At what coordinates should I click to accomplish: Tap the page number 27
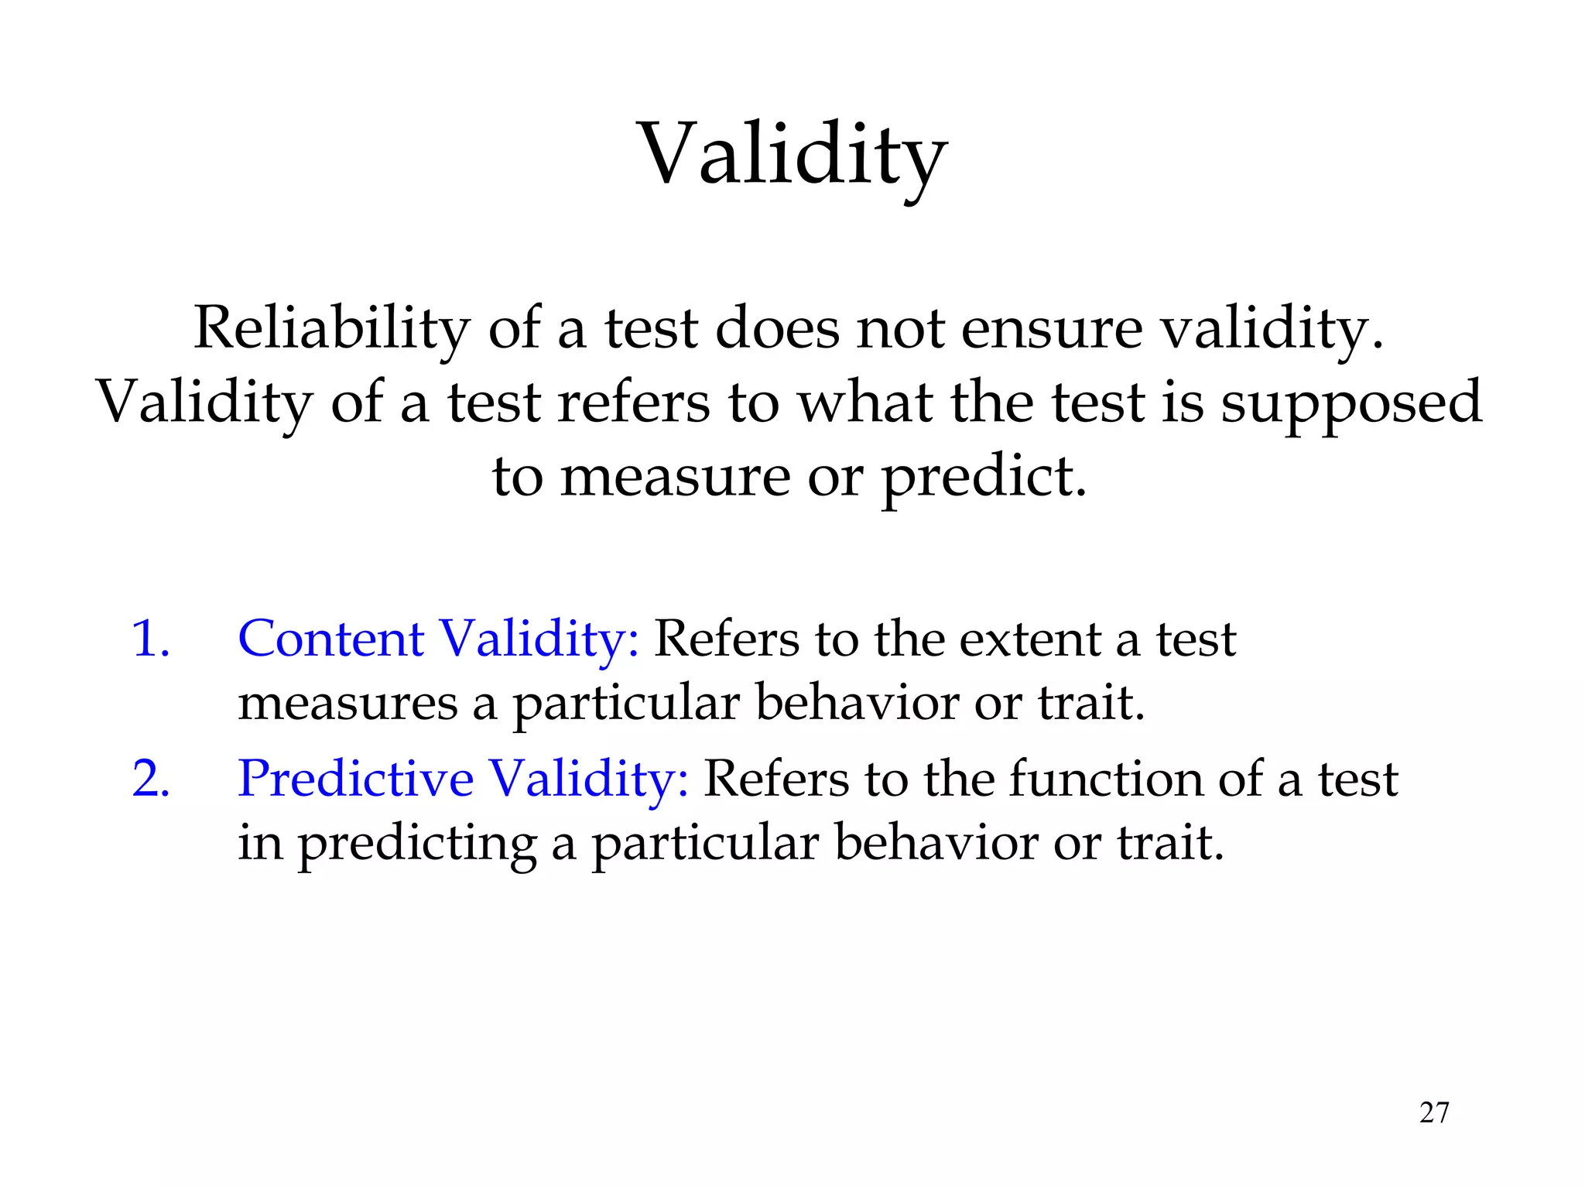[x=1433, y=1112]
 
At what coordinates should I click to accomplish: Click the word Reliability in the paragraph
[x=331, y=328]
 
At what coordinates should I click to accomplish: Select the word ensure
[x=1051, y=328]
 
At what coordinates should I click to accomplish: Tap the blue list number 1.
[x=150, y=639]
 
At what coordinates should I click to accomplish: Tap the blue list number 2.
[x=150, y=779]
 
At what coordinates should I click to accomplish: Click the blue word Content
[x=330, y=639]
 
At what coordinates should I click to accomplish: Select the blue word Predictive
[x=355, y=779]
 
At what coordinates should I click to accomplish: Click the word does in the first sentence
[x=776, y=328]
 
